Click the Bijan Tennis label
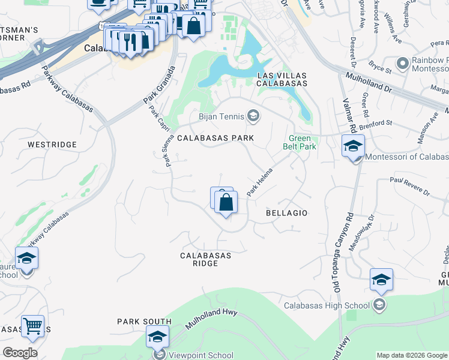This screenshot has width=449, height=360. click(223, 116)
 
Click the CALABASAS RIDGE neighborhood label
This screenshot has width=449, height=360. click(206, 259)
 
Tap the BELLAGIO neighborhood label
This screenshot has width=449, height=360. click(286, 213)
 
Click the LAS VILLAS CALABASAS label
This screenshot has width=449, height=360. click(282, 79)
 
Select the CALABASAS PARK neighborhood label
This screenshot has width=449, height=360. click(215, 138)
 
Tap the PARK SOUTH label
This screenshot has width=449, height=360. click(144, 322)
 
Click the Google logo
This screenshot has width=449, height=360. click(20, 353)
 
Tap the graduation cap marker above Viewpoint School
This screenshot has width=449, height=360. click(158, 336)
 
